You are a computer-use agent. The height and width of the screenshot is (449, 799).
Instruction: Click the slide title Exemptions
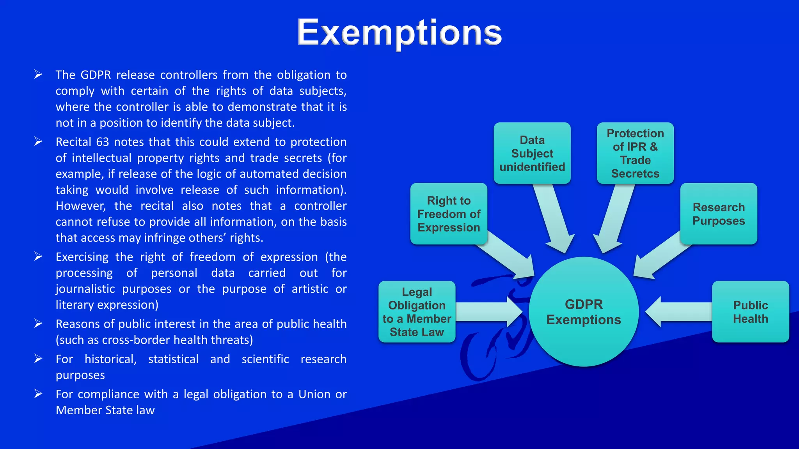click(x=399, y=33)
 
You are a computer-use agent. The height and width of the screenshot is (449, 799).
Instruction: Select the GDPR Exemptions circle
click(x=584, y=312)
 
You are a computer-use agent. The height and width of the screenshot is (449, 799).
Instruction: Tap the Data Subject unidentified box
click(x=532, y=153)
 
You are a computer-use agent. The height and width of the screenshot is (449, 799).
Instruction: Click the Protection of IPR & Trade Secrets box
click(x=635, y=153)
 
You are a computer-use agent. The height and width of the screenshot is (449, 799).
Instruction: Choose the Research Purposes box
click(x=719, y=214)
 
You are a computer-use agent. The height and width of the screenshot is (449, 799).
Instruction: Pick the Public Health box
click(x=750, y=312)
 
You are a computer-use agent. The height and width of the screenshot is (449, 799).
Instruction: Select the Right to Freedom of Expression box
click(x=449, y=214)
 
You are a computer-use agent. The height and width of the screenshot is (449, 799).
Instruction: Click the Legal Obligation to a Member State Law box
click(x=417, y=312)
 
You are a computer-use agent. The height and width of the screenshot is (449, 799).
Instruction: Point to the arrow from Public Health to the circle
click(x=679, y=312)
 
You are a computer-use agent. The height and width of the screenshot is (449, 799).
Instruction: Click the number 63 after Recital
click(x=103, y=142)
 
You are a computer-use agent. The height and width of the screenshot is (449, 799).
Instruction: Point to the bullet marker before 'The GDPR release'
click(x=38, y=74)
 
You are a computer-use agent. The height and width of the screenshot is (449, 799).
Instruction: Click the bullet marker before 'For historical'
click(x=38, y=359)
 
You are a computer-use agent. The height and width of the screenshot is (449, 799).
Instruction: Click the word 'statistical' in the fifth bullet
click(x=173, y=359)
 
